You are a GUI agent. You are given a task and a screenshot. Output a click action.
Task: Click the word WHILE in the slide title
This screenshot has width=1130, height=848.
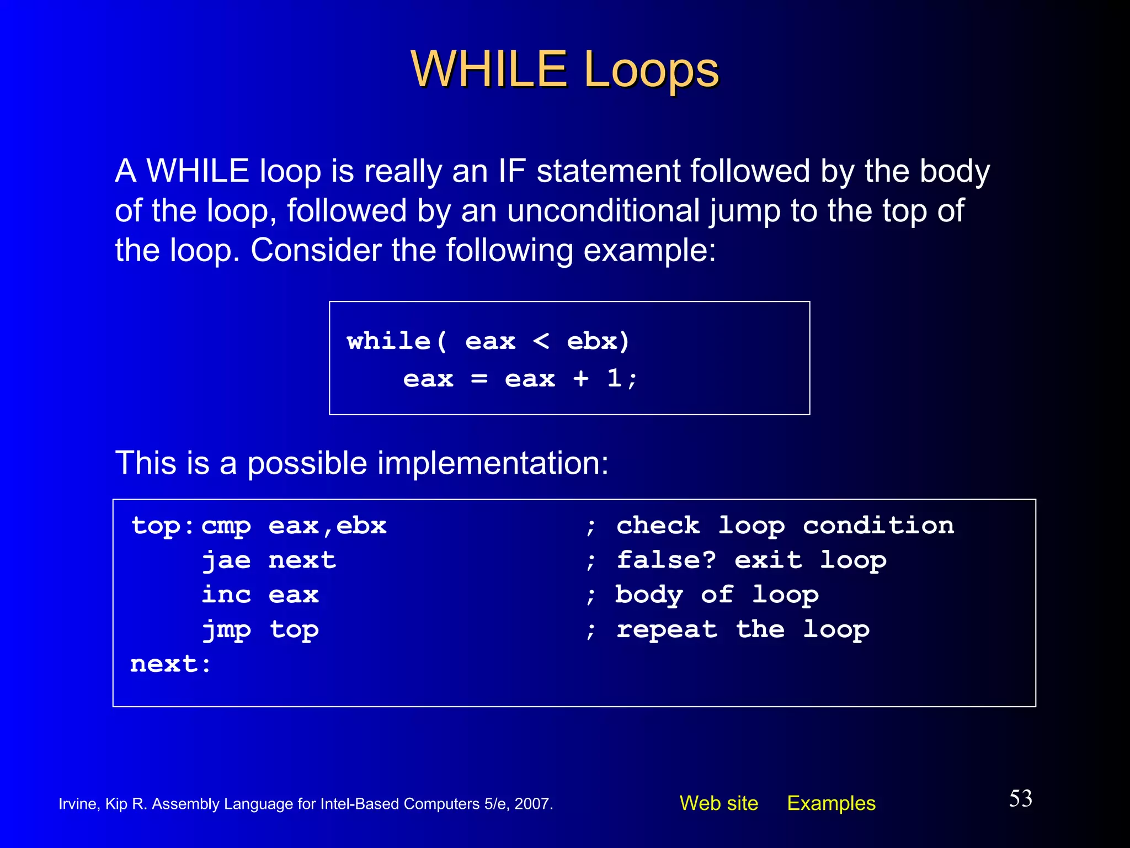489,70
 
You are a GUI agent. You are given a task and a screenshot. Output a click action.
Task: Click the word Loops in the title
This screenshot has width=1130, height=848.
651,70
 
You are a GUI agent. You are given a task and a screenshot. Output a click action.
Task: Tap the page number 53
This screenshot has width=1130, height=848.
1020,798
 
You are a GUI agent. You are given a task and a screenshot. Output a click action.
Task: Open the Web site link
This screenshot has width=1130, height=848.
718,803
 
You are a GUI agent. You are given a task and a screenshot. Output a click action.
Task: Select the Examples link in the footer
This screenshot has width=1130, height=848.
831,803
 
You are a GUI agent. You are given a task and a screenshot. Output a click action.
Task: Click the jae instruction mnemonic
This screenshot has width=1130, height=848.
226,560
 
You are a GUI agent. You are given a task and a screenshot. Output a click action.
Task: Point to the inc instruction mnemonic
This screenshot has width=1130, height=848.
226,595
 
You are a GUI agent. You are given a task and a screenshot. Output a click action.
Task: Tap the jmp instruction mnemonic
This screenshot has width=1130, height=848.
226,630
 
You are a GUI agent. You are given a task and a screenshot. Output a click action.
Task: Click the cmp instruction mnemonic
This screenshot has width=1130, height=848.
226,526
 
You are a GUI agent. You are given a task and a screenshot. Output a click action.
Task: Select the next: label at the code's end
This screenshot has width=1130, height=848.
170,664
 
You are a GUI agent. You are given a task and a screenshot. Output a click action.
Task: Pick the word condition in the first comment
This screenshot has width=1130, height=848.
878,525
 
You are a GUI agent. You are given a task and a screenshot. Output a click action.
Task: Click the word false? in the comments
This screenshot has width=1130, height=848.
666,560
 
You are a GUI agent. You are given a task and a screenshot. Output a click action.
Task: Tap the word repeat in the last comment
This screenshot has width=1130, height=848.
667,629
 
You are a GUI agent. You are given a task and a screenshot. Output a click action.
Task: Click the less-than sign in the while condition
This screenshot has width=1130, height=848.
541,341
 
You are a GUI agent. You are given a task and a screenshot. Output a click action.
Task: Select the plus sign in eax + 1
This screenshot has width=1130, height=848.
580,379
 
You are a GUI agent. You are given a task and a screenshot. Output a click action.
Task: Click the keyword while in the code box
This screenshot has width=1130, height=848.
388,341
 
